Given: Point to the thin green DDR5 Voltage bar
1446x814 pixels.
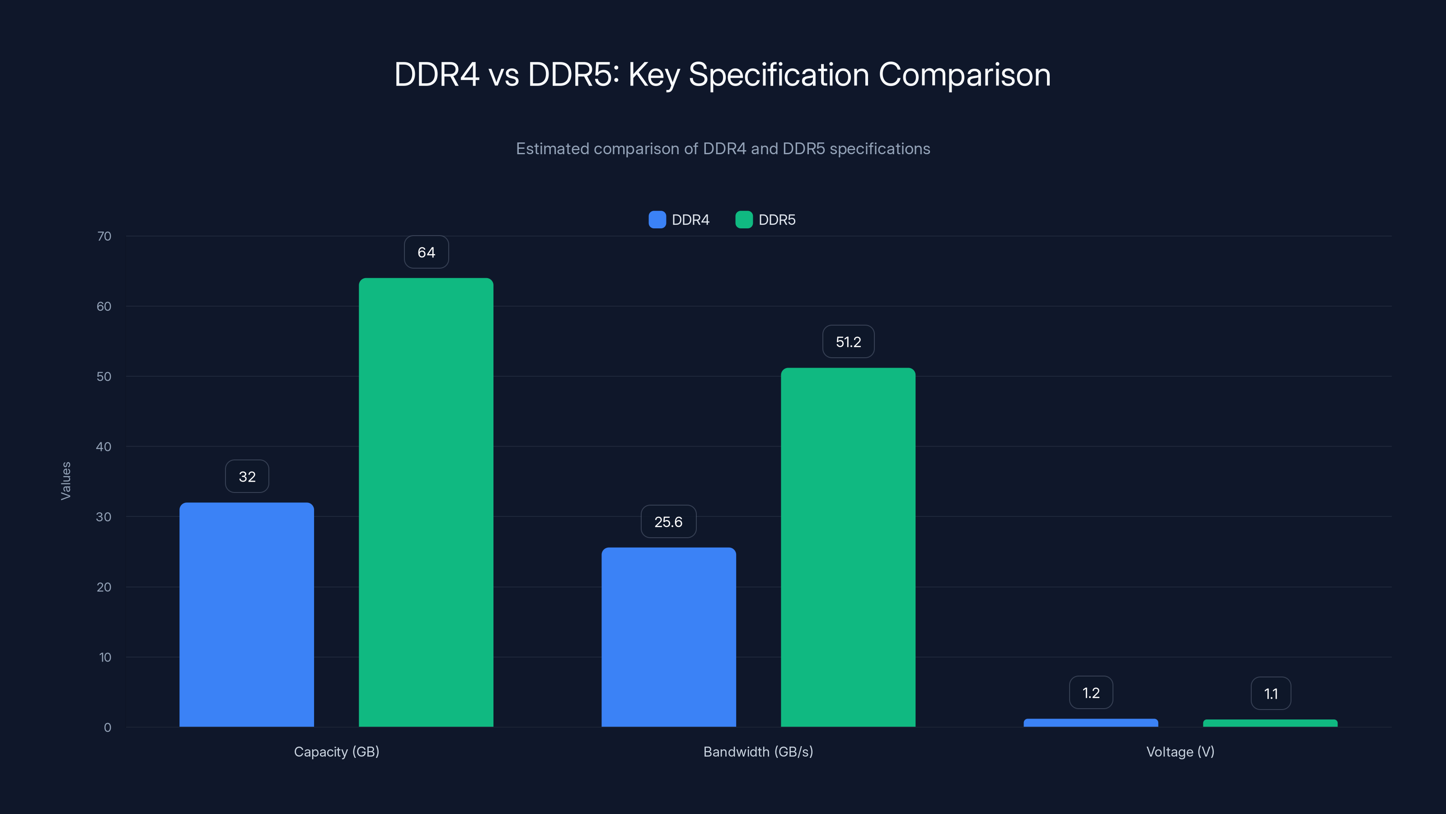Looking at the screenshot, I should [1270, 723].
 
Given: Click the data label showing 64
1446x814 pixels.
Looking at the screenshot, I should [426, 252].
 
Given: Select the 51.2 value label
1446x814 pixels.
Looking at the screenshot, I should [848, 341].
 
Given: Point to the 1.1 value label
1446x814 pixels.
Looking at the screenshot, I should [1270, 694].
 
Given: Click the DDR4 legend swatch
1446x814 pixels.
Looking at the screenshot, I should [657, 220].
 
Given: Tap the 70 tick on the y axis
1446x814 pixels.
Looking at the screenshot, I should [104, 236].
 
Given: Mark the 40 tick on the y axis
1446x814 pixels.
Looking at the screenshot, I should [104, 447].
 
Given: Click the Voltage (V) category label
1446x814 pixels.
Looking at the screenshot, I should [1180, 752].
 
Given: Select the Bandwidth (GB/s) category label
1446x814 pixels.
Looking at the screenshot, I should [758, 752].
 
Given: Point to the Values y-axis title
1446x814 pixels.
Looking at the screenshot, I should [66, 481].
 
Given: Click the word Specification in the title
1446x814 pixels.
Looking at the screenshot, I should [779, 75].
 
